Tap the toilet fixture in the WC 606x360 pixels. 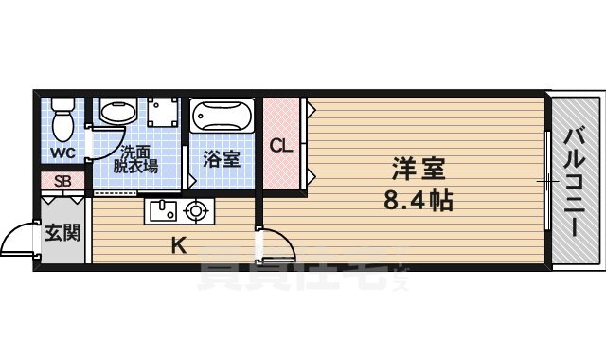coord(63,120)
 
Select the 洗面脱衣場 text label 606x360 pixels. coord(137,157)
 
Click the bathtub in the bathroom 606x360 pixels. coord(223,117)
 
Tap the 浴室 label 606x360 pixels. coord(223,158)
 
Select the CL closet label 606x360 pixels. coord(280,146)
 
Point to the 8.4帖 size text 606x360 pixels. coord(419,201)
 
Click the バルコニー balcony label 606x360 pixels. coord(575,180)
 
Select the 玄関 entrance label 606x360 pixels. coord(62,231)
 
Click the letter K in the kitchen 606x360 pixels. coord(177,246)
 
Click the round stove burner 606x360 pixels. coord(197,210)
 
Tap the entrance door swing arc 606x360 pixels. coord(19,239)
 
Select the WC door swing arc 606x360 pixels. coord(92,142)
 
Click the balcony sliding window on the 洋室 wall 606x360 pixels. coord(546,180)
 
